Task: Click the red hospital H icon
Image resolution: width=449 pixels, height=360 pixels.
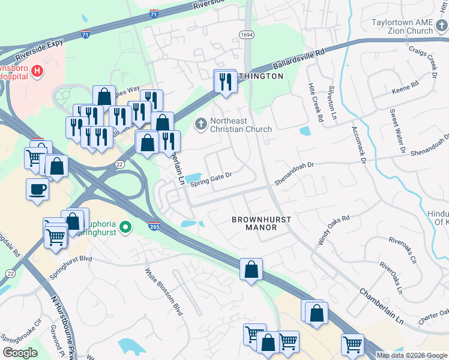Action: pos(38,71)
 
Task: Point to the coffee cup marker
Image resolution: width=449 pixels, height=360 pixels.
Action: pos(38,189)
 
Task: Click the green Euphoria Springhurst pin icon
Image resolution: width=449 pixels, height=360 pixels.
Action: pos(125,227)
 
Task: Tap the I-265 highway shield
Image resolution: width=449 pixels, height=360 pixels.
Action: pos(154,226)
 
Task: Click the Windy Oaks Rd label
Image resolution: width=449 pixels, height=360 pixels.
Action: pos(334,230)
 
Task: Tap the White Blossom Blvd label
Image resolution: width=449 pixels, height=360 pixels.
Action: pos(163,291)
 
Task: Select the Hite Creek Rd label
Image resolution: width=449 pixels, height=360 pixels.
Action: pos(315,104)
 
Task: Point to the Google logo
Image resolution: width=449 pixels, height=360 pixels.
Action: pos(20,353)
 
